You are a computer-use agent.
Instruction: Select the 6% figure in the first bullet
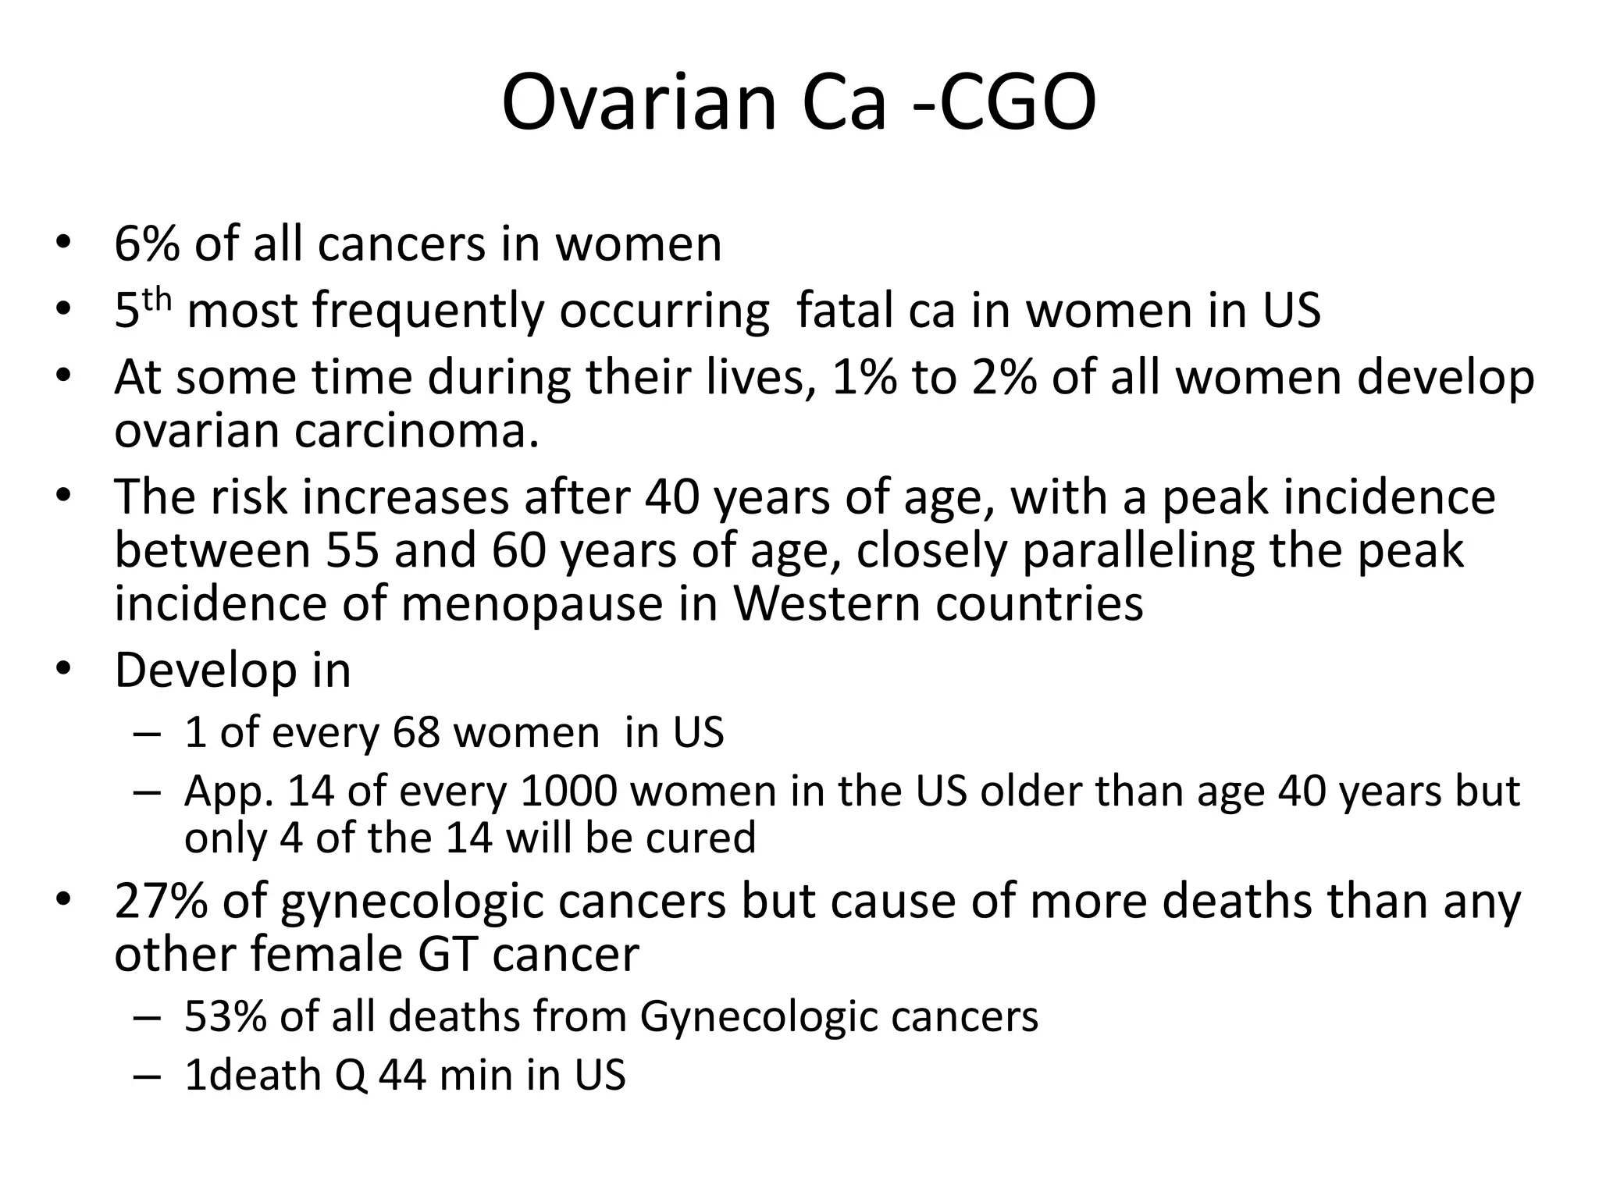point(147,244)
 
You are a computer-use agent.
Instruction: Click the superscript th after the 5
point(156,300)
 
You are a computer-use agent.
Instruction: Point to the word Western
point(827,603)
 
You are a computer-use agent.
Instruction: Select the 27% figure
point(161,901)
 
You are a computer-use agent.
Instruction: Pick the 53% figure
point(226,1016)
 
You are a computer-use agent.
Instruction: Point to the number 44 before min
point(403,1075)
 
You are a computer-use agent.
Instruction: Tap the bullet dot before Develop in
point(63,670)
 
